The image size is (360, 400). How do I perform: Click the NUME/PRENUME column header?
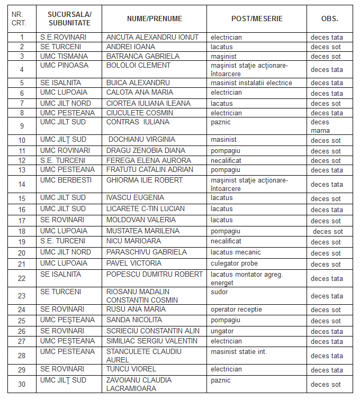(x=154, y=19)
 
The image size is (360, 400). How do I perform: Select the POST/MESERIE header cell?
(x=257, y=19)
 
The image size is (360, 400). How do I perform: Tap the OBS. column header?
(x=329, y=19)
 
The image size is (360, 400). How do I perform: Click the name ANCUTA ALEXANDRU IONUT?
(x=152, y=38)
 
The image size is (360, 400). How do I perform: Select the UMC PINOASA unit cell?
(x=64, y=66)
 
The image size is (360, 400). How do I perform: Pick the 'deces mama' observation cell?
(x=320, y=126)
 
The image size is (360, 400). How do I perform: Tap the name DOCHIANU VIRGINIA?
(x=142, y=140)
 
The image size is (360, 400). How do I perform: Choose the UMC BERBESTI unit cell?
(x=66, y=180)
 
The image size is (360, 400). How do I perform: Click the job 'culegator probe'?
(x=234, y=263)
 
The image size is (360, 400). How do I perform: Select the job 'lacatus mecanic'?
(x=236, y=252)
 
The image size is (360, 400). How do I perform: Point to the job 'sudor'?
(x=219, y=292)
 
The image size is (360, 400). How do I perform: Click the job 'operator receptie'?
(x=236, y=309)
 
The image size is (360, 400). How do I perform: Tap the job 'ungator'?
(x=222, y=331)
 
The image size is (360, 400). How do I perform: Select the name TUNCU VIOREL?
(x=131, y=369)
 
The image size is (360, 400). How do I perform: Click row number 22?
(x=22, y=278)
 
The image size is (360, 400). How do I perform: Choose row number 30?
(x=22, y=384)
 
